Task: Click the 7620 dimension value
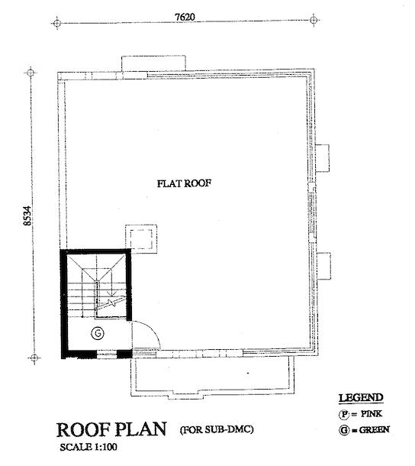pyautogui.click(x=185, y=17)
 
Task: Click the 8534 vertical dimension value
pyautogui.click(x=27, y=215)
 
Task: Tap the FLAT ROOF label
pyautogui.click(x=184, y=183)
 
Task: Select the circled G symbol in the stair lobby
pyautogui.click(x=98, y=333)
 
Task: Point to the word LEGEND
pyautogui.click(x=361, y=398)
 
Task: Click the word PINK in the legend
pyautogui.click(x=372, y=414)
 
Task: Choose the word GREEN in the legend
pyautogui.click(x=374, y=430)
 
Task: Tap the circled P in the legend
pyautogui.click(x=344, y=414)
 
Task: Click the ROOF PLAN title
pyautogui.click(x=111, y=429)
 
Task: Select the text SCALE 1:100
pyautogui.click(x=88, y=447)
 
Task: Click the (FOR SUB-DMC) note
pyautogui.click(x=217, y=429)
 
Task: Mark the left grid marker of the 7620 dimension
pyautogui.click(x=56, y=23)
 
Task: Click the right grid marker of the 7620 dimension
pyautogui.click(x=314, y=20)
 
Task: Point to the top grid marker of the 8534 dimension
pyautogui.click(x=31, y=73)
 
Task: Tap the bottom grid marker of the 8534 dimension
pyautogui.click(x=34, y=358)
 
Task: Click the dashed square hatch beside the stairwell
pyautogui.click(x=141, y=239)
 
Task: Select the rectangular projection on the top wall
pyautogui.click(x=154, y=63)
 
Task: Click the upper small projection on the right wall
pyautogui.click(x=323, y=158)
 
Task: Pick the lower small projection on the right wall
pyautogui.click(x=324, y=266)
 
